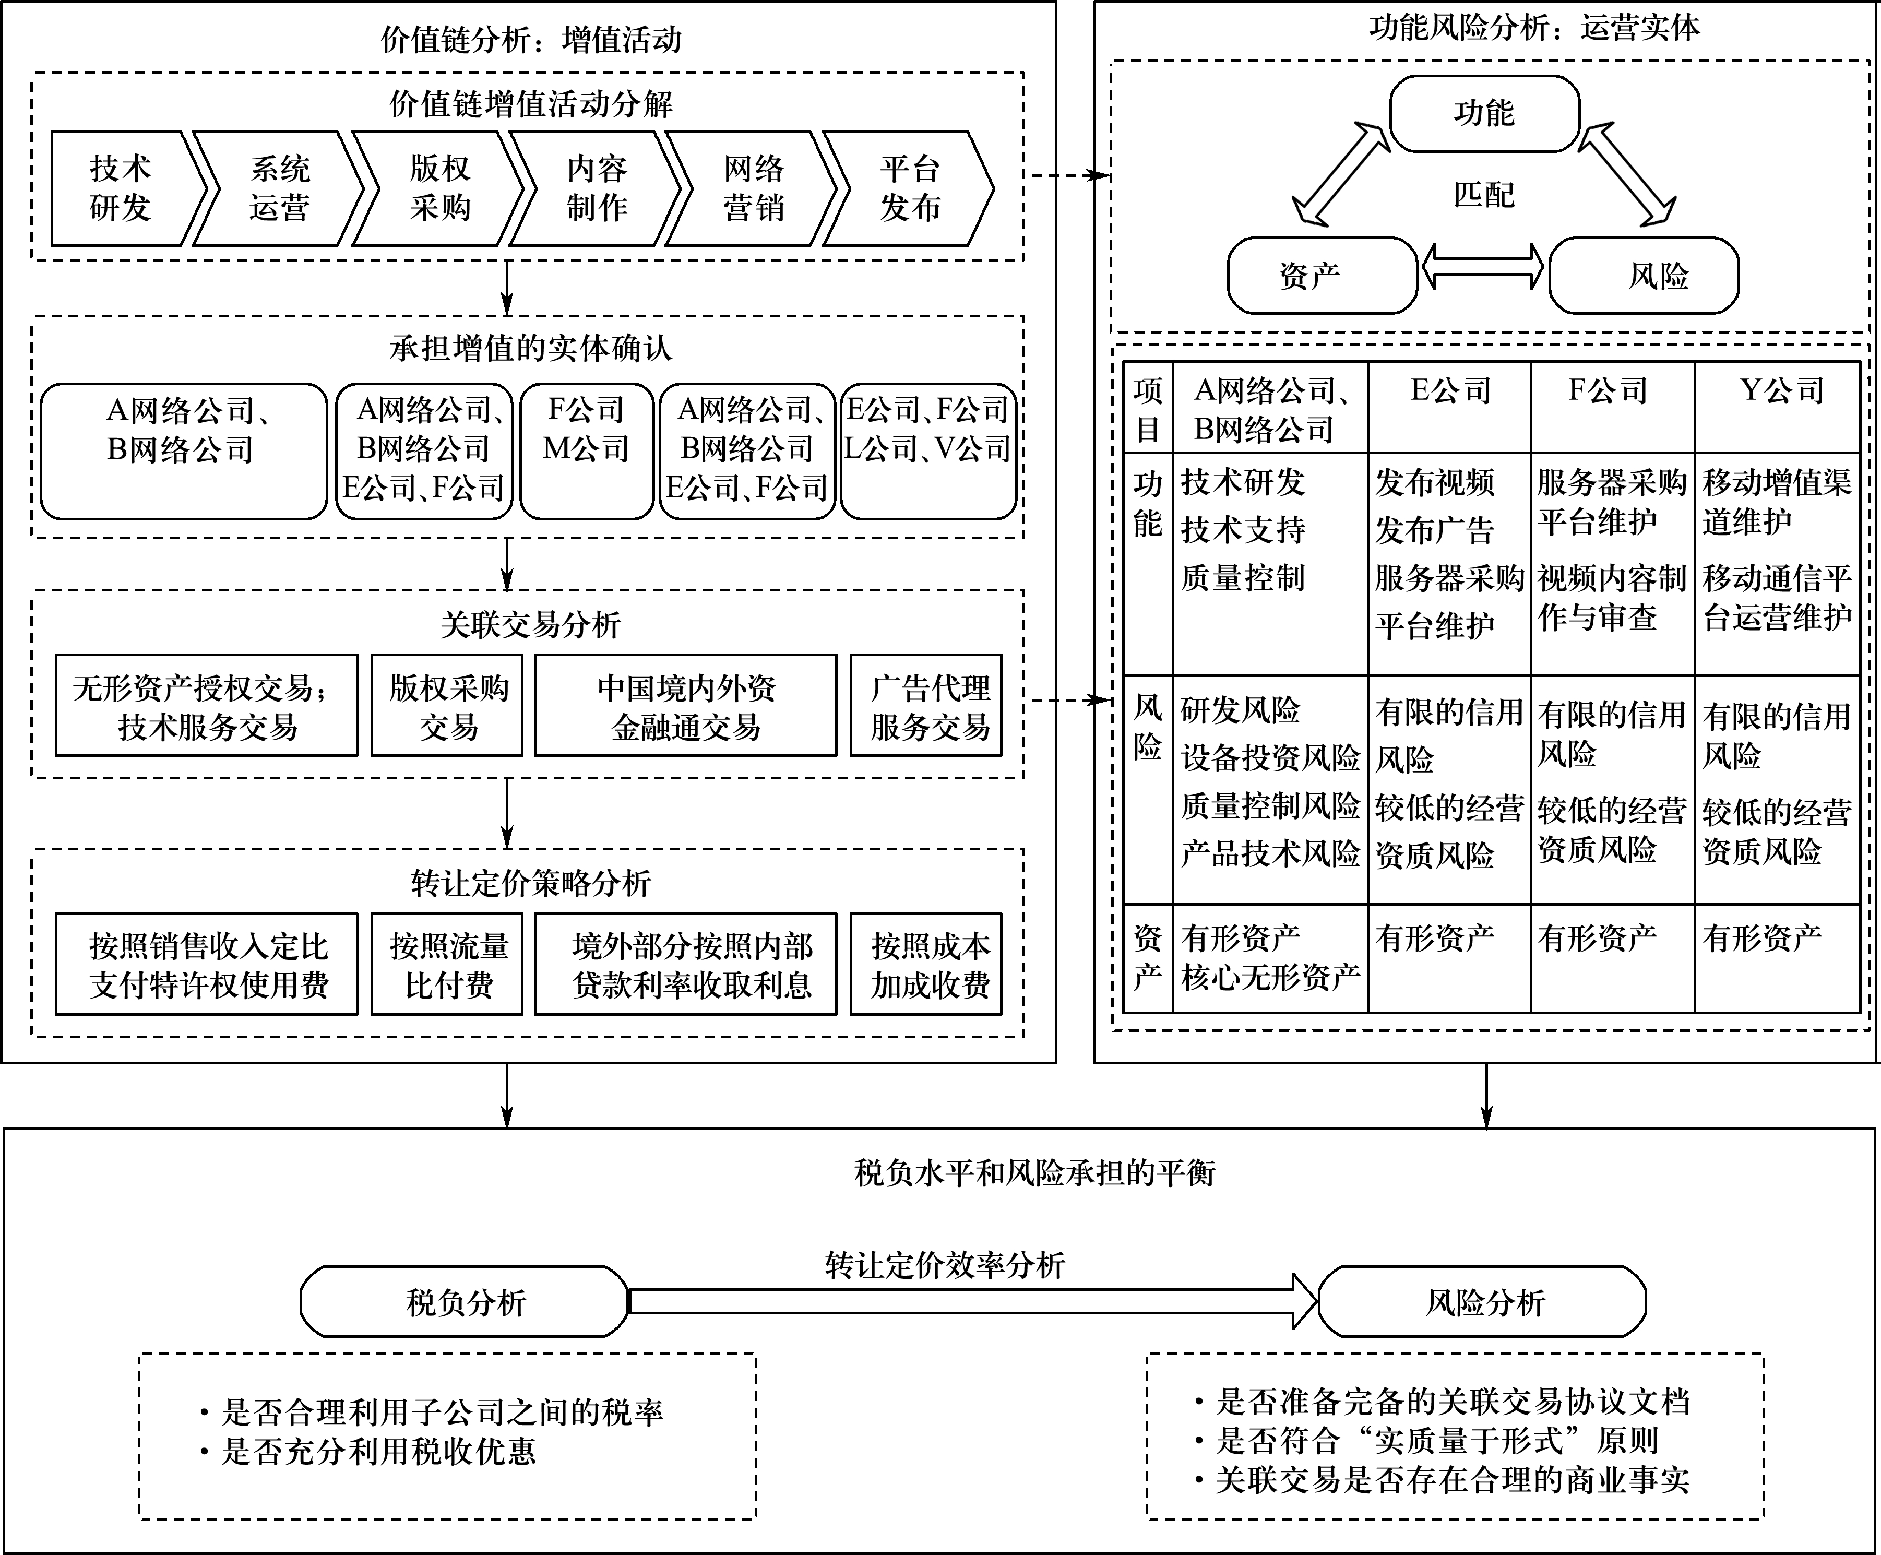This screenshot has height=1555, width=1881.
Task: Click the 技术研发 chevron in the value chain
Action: click(x=121, y=188)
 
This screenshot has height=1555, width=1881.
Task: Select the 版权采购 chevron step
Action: click(x=439, y=188)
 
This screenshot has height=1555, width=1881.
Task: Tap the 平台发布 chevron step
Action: click(x=909, y=188)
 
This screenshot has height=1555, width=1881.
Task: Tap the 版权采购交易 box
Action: click(x=448, y=706)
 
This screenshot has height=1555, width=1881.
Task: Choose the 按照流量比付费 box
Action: click(x=448, y=965)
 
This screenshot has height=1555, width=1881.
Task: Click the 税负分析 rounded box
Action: click(x=465, y=1301)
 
